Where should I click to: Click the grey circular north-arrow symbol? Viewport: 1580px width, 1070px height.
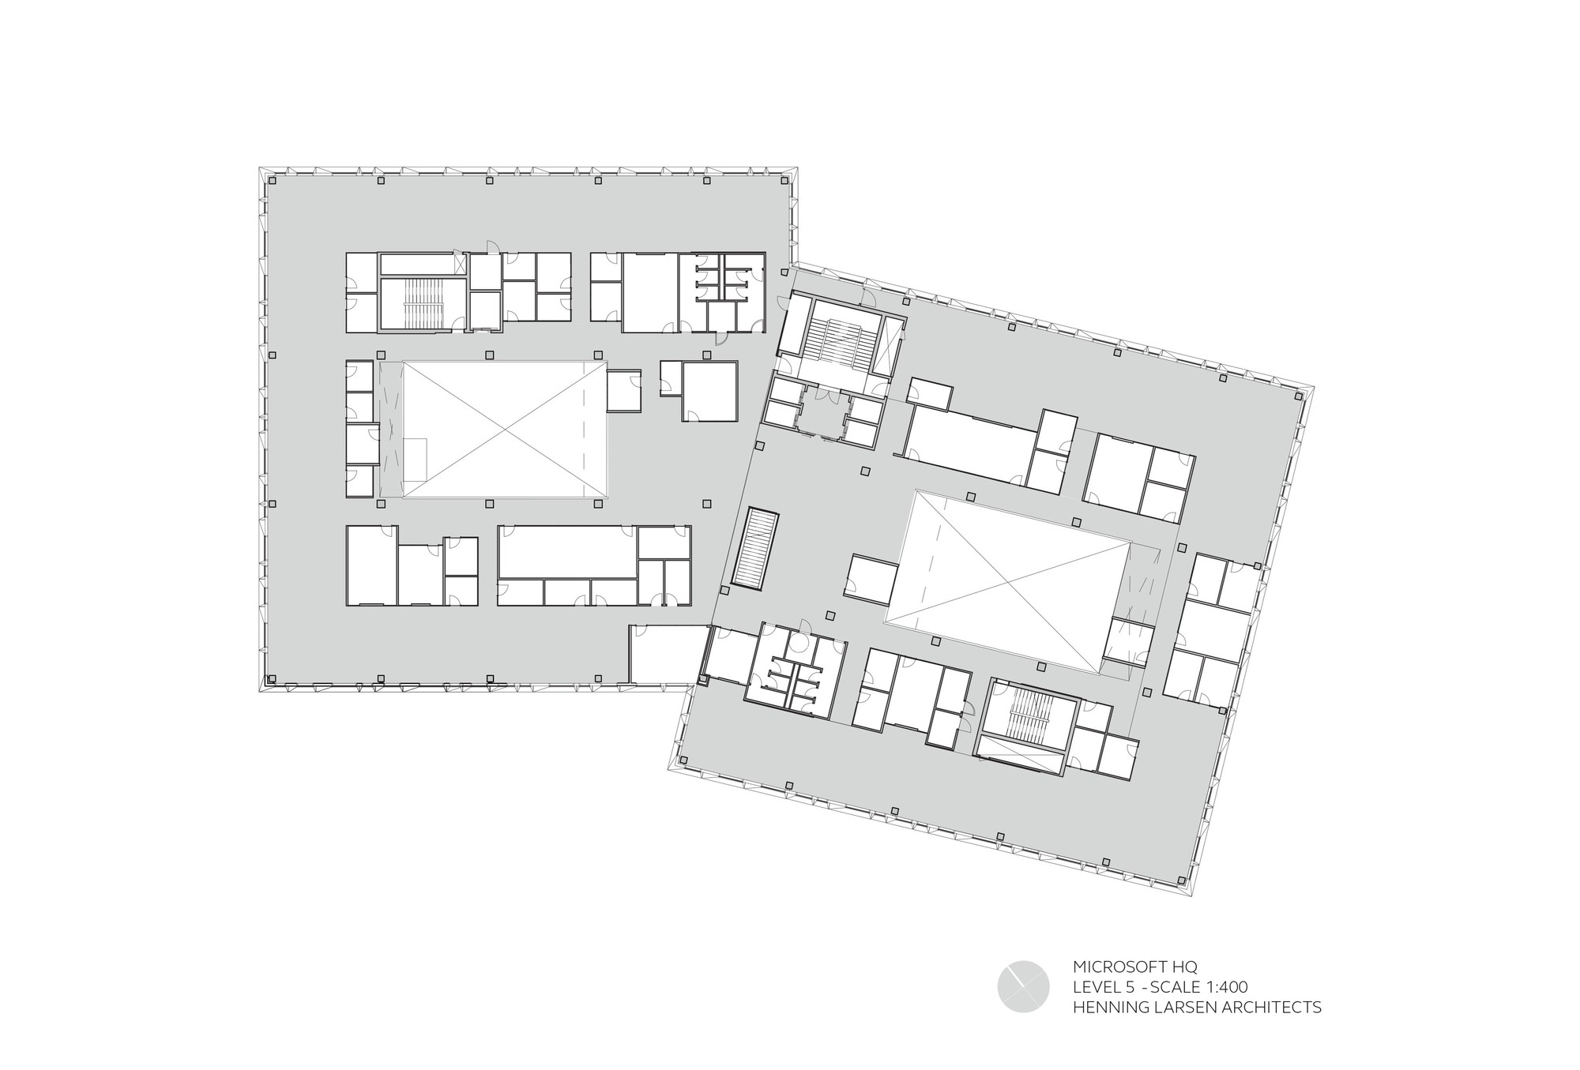pyautogui.click(x=1023, y=986)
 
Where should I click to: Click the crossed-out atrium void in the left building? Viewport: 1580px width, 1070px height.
pyautogui.click(x=505, y=430)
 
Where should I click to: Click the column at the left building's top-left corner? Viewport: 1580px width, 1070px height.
pyautogui.click(x=271, y=181)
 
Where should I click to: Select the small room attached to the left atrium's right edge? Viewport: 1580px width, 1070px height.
pyautogui.click(x=623, y=389)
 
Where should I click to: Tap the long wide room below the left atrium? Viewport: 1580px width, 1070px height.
pyautogui.click(x=567, y=552)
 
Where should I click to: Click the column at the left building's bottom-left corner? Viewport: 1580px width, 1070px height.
pyautogui.click(x=271, y=678)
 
